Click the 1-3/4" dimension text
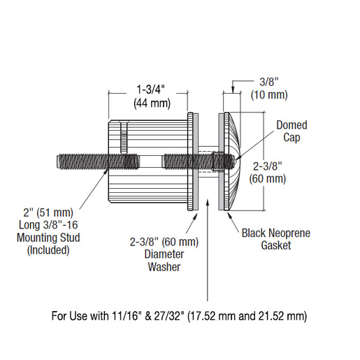point(150,89)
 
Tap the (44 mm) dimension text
point(152,103)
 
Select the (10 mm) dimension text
point(269,95)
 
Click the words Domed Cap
point(291,131)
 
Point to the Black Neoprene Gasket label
point(276,239)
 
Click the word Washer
point(164,267)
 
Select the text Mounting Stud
point(48,238)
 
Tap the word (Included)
point(48,250)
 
